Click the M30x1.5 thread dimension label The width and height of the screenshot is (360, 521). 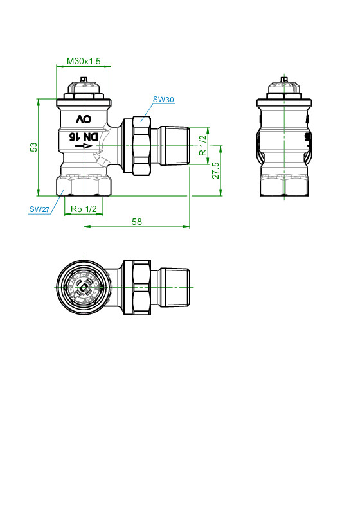coord(84,61)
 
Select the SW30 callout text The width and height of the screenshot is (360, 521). coord(163,100)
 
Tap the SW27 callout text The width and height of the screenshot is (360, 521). coord(39,209)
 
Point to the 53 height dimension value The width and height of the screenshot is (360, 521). coord(34,147)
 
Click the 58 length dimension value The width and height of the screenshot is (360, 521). coord(137,222)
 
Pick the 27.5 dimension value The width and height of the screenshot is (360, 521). coord(216,170)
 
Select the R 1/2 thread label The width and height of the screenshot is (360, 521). coord(203,145)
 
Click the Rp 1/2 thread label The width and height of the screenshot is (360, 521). coord(84,209)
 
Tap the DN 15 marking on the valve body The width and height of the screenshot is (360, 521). coord(84,137)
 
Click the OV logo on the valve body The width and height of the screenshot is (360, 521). coord(84,119)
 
